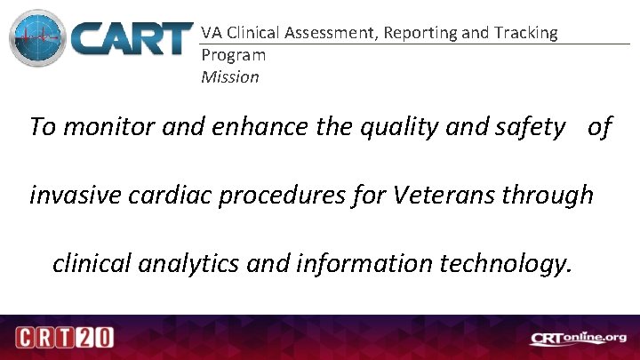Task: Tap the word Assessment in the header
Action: (328, 33)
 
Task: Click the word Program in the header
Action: (233, 55)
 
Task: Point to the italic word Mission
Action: (230, 77)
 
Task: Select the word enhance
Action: (263, 127)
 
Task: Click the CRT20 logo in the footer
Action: (64, 339)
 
